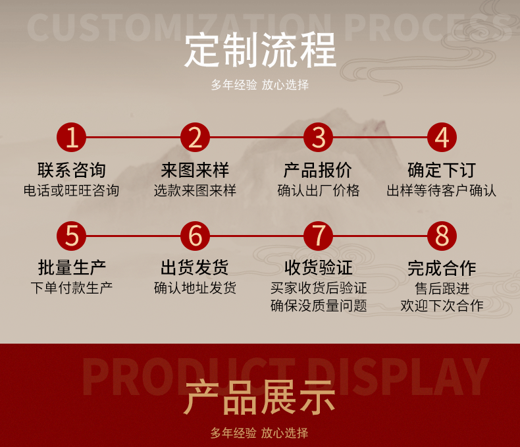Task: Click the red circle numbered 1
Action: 72,138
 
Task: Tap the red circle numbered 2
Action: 195,138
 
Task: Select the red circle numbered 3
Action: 319,138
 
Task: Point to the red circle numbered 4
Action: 442,138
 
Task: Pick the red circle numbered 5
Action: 72,235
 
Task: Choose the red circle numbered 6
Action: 195,235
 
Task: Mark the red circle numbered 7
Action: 319,235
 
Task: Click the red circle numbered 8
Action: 442,235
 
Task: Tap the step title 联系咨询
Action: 72,171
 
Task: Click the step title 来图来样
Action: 195,171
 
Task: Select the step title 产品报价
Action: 319,171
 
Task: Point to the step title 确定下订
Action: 442,171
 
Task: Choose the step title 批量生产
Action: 72,268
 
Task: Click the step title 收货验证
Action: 319,268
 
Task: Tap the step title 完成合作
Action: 442,268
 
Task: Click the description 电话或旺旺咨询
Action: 72,191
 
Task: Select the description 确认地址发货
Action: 195,288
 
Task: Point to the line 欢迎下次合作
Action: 442,306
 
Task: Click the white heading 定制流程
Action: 260,50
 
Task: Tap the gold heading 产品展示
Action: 260,397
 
